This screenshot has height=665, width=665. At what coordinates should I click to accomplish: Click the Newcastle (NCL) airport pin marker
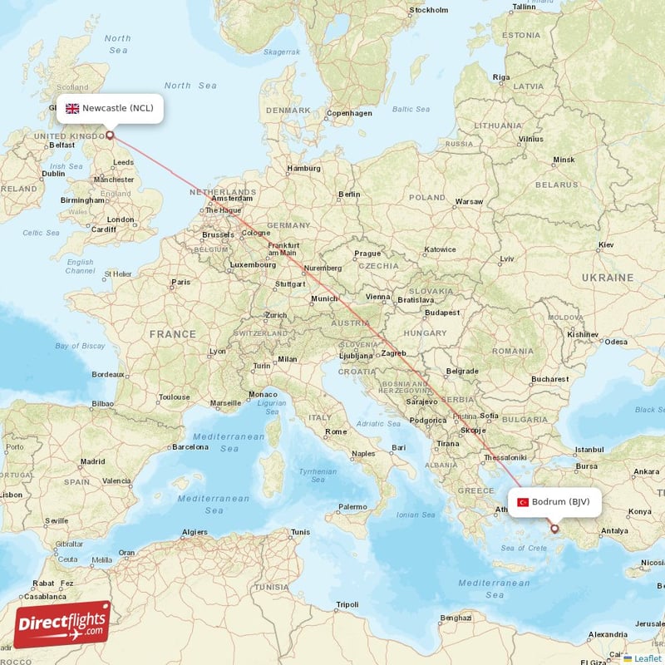click(109, 134)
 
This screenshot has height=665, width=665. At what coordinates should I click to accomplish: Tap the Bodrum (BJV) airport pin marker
click(554, 528)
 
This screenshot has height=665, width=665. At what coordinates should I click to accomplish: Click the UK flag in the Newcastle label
click(72, 108)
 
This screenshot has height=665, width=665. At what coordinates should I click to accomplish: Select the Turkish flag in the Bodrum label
click(523, 502)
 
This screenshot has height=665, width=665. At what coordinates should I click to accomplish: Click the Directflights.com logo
click(62, 623)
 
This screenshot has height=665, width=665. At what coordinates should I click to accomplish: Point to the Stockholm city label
click(429, 11)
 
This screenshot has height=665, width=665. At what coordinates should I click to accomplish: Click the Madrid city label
click(92, 461)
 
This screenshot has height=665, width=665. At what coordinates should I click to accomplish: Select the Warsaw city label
click(469, 201)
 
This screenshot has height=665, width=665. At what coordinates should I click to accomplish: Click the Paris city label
click(180, 282)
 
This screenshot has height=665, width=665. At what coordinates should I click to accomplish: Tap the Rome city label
click(336, 431)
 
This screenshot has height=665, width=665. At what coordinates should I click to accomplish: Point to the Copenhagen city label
click(349, 113)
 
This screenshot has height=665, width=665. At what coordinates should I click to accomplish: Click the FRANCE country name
click(173, 334)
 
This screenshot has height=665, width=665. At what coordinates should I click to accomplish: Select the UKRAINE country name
click(607, 277)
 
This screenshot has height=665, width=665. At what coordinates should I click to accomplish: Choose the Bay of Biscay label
click(80, 346)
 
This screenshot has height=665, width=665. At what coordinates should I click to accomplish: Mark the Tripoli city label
click(347, 604)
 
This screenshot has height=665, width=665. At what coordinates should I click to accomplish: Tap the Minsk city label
click(564, 160)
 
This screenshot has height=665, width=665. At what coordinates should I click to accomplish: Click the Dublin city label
click(53, 174)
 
